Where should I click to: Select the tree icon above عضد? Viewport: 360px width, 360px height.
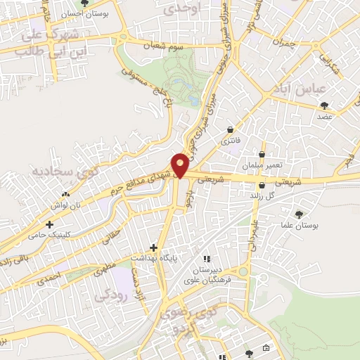click(x=324, y=105)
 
